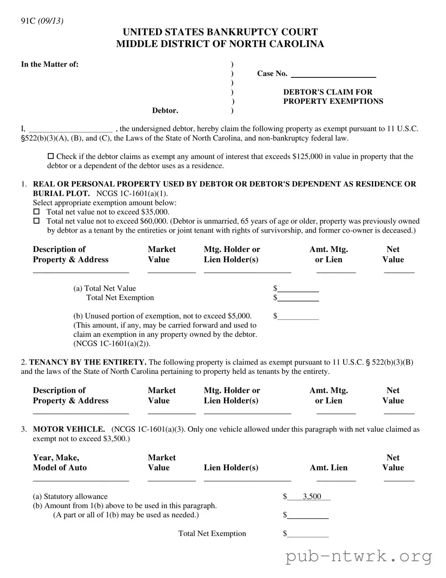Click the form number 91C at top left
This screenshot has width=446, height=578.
tap(28, 21)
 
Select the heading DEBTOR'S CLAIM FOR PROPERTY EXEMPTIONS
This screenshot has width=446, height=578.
tap(333, 97)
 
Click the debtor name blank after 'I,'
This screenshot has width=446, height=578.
tap(70, 129)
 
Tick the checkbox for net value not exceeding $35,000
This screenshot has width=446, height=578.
tap(37, 212)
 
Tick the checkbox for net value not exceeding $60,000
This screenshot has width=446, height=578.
tap(37, 221)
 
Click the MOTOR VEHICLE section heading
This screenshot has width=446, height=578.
tap(69, 429)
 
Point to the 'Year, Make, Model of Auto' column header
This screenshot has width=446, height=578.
tap(59, 463)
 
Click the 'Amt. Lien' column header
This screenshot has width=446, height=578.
tap(328, 467)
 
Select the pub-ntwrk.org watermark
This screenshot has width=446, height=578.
tap(359, 557)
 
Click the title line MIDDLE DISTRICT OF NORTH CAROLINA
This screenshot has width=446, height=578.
tap(220, 44)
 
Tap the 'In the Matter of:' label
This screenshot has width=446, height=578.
tap(50, 64)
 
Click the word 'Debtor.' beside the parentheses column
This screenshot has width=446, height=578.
tap(165, 110)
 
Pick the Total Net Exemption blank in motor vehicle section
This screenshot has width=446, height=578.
tap(308, 534)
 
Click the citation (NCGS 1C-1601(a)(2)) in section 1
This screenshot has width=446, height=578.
tap(112, 344)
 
